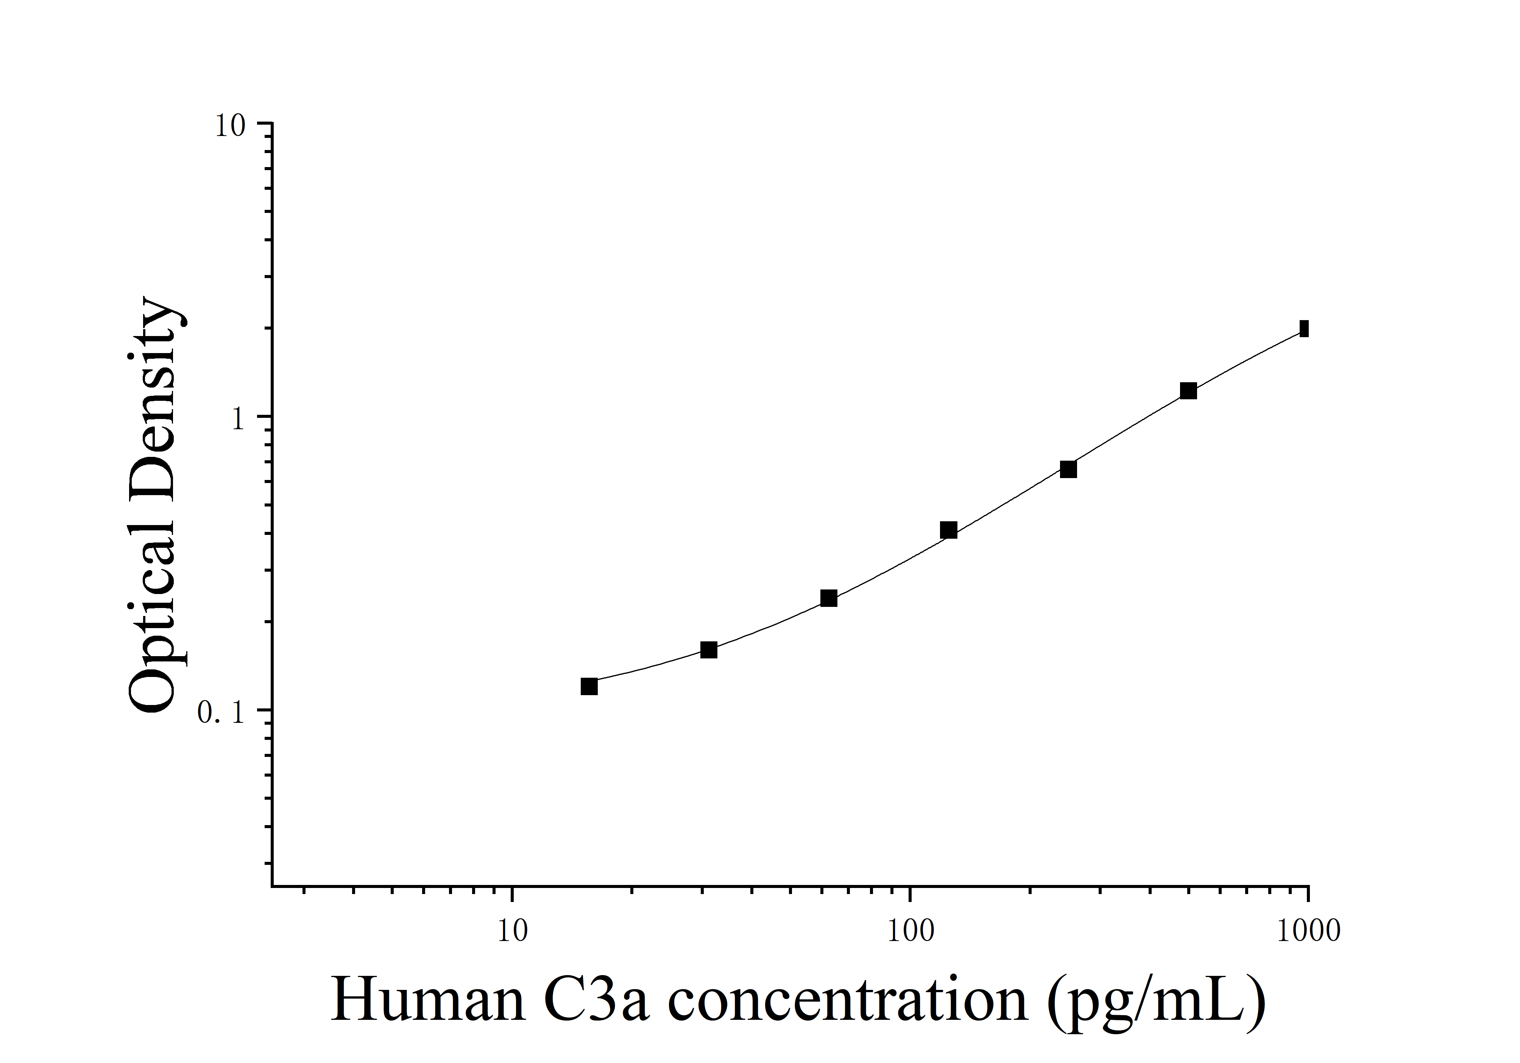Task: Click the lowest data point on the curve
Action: click(589, 686)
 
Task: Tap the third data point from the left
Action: click(829, 599)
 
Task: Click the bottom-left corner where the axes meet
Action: click(272, 885)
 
